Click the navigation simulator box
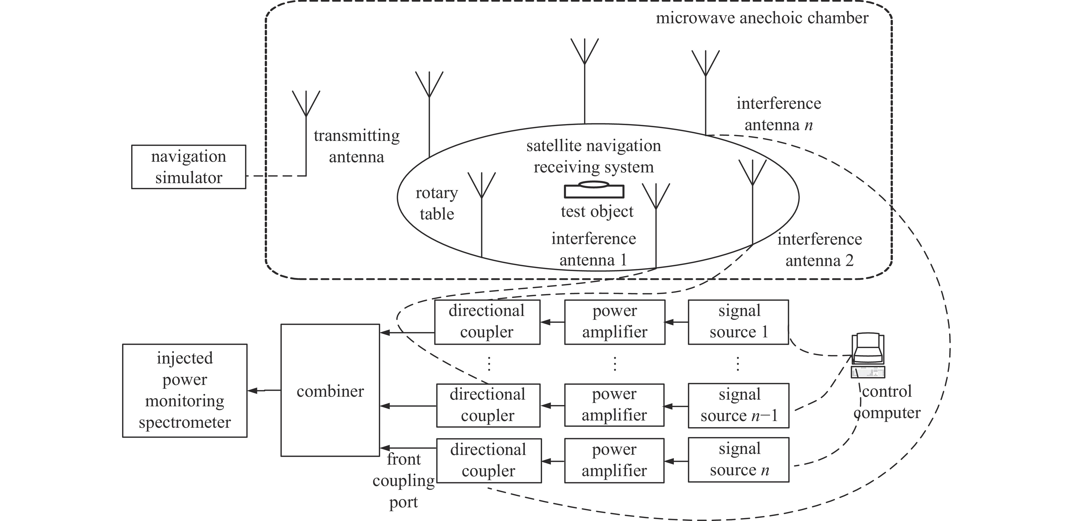(x=189, y=167)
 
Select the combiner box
(x=330, y=391)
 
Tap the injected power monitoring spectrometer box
(x=185, y=391)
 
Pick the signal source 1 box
(x=738, y=322)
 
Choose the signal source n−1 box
(x=738, y=406)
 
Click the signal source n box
(x=738, y=460)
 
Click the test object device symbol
(x=594, y=190)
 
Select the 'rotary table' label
(x=437, y=203)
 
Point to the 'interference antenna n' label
(x=779, y=114)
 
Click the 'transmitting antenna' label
(x=357, y=146)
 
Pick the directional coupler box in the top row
(x=487, y=322)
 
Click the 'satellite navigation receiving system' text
(x=594, y=156)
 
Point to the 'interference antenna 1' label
(x=594, y=249)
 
